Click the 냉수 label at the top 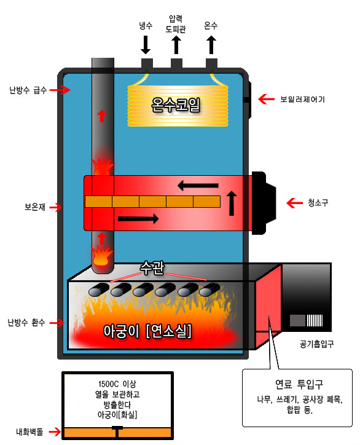coord(146,26)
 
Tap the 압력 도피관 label coord(176,24)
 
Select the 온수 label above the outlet coord(211,26)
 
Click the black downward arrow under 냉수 coord(146,45)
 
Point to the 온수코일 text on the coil coord(176,104)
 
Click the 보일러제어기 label coord(302,100)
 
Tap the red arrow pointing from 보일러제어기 coord(266,99)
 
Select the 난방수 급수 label coord(28,90)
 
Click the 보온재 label coord(35,207)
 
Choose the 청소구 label coord(318,203)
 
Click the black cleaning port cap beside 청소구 coord(264,203)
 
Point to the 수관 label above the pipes coord(152,267)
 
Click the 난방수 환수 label coord(26,323)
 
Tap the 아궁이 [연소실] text coord(147,331)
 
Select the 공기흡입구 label coord(317,344)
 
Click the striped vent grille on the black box coord(315,320)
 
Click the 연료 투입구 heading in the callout coord(299,384)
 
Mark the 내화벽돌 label coord(29,432)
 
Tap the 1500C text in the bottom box coord(108,384)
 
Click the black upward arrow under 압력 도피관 coord(176,45)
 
